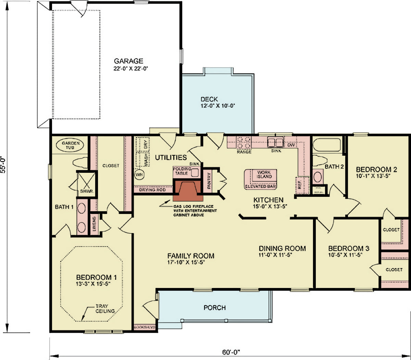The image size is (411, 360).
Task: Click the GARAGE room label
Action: coord(128,61)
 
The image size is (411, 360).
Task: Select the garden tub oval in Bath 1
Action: coord(71,145)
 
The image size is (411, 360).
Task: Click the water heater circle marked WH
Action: coord(139,175)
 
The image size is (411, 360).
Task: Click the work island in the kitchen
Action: coord(260,179)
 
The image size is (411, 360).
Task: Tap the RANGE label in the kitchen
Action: coord(244,152)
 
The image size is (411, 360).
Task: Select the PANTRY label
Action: coord(209,180)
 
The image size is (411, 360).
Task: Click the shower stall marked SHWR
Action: coord(86,184)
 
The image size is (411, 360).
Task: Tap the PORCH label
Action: coord(215,308)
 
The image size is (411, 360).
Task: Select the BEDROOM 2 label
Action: coord(376,170)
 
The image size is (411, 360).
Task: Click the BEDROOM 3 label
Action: coord(348,249)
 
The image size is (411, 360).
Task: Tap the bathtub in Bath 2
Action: coord(326,145)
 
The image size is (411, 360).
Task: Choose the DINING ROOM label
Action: coord(282,249)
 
